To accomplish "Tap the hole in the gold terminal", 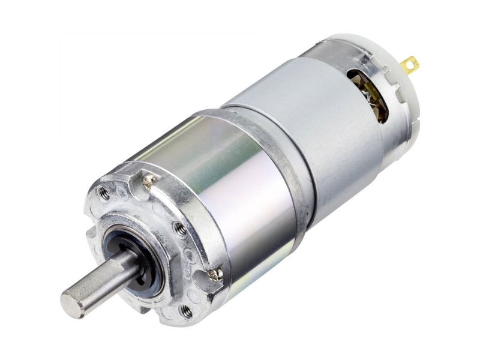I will click(412, 61).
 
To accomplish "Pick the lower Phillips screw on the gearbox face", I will click(214, 275).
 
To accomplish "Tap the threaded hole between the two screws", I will click(179, 227).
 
